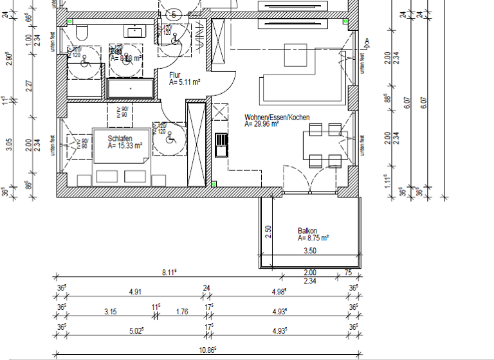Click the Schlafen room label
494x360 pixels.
coord(120,139)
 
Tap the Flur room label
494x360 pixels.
coord(175,75)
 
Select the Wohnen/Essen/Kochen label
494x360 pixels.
coord(277,118)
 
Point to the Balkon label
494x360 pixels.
coord(307,231)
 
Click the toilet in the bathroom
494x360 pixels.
coord(82,33)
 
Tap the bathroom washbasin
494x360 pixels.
coord(136,31)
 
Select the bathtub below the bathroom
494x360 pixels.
coord(131,88)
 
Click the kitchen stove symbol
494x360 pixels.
coord(221,145)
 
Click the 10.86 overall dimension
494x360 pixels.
coord(206,350)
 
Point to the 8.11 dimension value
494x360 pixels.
coord(169,273)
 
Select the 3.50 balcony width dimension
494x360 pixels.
coord(310,251)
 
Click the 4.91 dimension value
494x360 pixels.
coord(135,292)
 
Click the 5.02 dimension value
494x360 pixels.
coord(136,331)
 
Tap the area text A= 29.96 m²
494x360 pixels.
coord(261,125)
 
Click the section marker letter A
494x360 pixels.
coord(367,42)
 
